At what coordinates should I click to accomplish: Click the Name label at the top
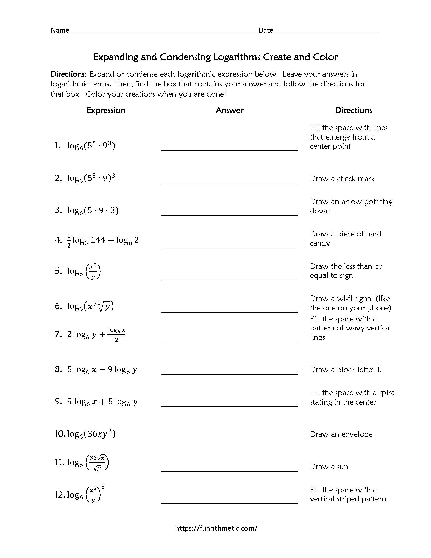pyautogui.click(x=60, y=30)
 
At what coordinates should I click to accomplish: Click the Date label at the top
pyautogui.click(x=266, y=30)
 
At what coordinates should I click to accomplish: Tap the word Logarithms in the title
pyautogui.click(x=237, y=57)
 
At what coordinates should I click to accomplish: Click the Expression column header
pyautogui.click(x=106, y=110)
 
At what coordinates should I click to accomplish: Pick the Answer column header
pyautogui.click(x=229, y=110)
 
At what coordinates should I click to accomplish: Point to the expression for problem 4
pyautogui.click(x=102, y=240)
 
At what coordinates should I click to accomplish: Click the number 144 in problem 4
pyautogui.click(x=98, y=240)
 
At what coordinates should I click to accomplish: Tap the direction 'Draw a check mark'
pyautogui.click(x=342, y=178)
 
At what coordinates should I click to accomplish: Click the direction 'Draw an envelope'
pyautogui.click(x=341, y=434)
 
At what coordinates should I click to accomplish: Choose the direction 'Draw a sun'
pyautogui.click(x=329, y=466)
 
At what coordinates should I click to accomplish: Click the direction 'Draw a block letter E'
pyautogui.click(x=345, y=370)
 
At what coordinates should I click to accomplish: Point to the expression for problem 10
pyautogui.click(x=91, y=434)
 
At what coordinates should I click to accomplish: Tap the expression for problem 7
pyautogui.click(x=96, y=334)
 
